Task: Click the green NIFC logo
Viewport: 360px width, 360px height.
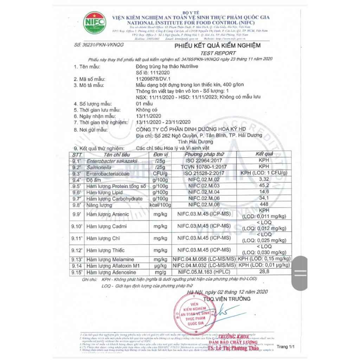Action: click(94, 23)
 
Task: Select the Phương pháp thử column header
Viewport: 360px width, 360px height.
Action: click(204, 154)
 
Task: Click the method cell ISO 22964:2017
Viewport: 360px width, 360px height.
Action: click(204, 161)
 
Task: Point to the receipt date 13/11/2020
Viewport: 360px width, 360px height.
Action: click(148, 116)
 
